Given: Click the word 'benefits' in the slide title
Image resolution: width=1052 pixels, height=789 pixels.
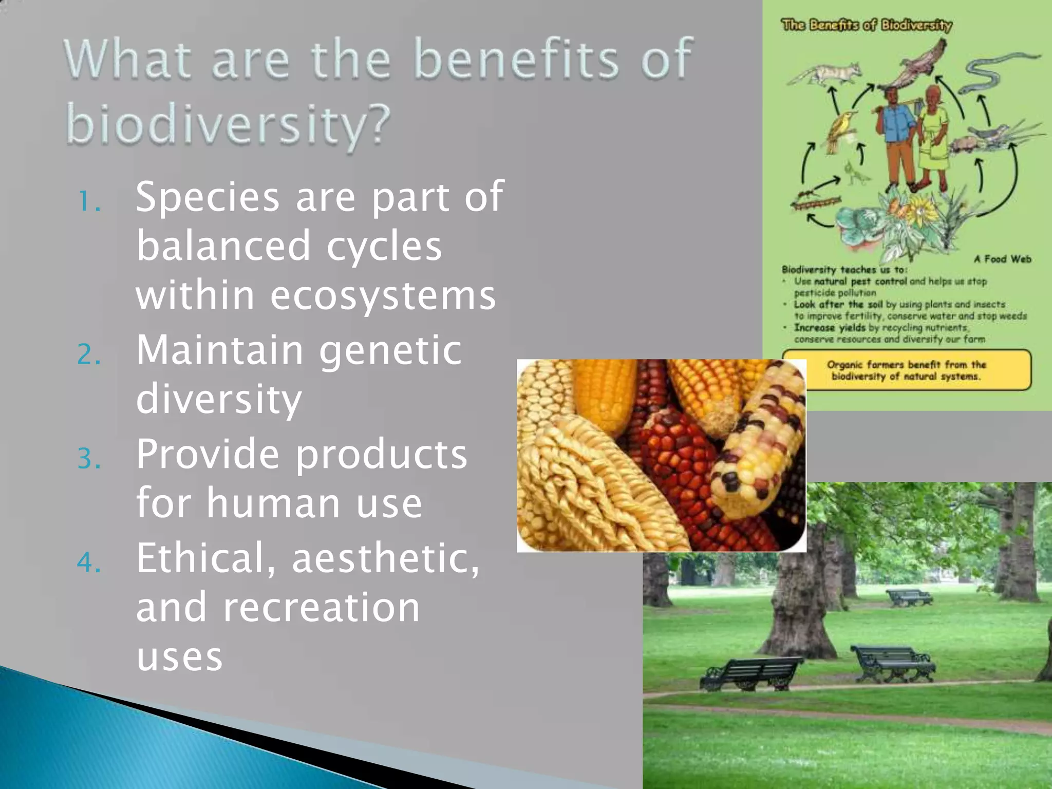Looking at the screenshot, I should point(516,60).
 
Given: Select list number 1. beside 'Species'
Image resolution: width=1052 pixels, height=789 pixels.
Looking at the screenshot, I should point(89,201).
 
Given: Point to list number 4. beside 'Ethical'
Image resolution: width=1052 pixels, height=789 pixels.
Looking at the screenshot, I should point(89,562).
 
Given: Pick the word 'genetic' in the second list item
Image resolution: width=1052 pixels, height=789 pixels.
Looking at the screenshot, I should point(390,350).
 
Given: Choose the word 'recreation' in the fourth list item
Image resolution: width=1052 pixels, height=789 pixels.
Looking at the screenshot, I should point(321,607).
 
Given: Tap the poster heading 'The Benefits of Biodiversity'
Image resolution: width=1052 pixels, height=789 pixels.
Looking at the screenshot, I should point(866,25).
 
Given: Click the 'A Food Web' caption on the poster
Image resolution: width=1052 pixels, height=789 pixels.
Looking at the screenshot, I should point(1002,259).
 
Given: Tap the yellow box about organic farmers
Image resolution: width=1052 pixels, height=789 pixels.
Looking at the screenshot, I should point(906,370).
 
